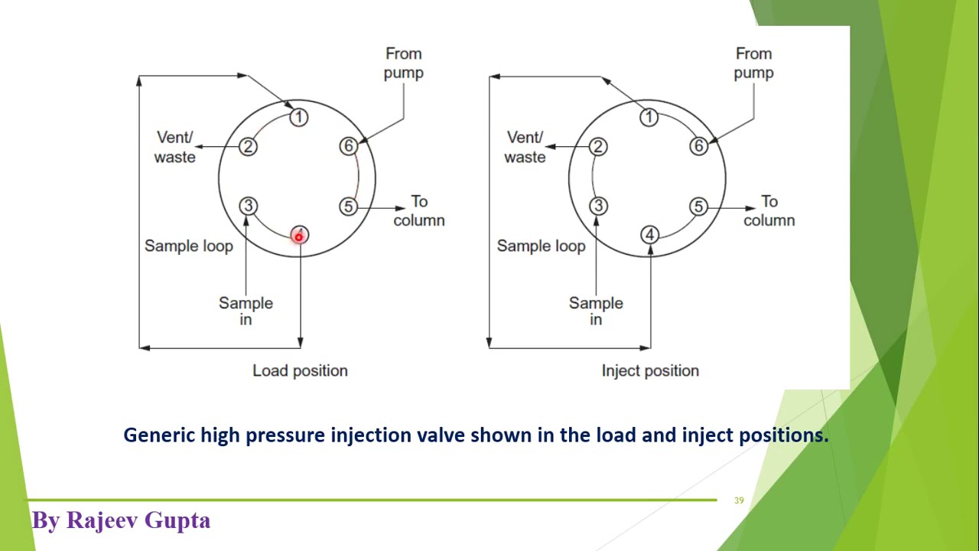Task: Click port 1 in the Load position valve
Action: [x=299, y=117]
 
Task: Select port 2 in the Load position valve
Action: [x=248, y=147]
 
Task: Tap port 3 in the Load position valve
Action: [x=248, y=206]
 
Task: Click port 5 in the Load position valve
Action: [x=349, y=206]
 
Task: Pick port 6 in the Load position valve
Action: [x=349, y=145]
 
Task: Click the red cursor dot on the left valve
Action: [x=299, y=236]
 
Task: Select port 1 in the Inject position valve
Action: [x=649, y=117]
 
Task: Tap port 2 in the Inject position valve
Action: [x=598, y=147]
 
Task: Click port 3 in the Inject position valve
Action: [x=598, y=206]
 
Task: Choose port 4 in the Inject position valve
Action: [x=649, y=235]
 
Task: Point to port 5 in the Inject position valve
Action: [x=698, y=207]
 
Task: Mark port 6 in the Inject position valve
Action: [x=698, y=146]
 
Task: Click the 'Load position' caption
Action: [x=300, y=370]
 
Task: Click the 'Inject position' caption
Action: [x=650, y=370]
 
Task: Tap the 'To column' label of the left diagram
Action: [x=418, y=210]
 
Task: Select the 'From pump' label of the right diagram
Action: [x=753, y=63]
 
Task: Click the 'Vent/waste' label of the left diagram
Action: [x=175, y=147]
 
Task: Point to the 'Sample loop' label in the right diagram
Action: [x=541, y=246]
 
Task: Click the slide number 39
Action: [x=739, y=500]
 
